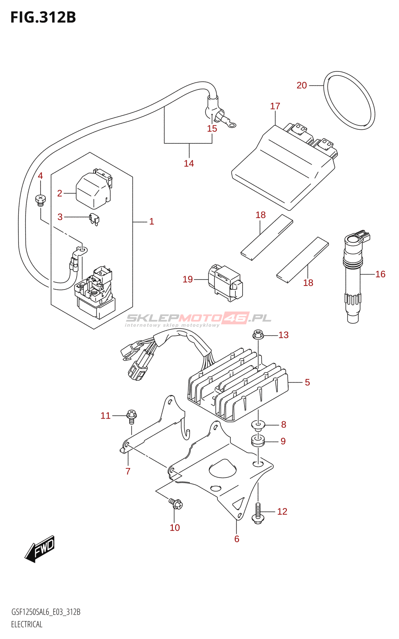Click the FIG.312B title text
click(x=43, y=18)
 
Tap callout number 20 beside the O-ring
click(x=302, y=85)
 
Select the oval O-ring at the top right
click(x=349, y=100)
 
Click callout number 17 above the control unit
click(x=275, y=106)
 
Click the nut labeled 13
click(x=258, y=335)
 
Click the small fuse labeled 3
click(x=95, y=219)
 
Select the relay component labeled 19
click(x=225, y=282)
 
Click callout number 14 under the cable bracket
click(x=189, y=163)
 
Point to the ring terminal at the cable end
click(x=231, y=125)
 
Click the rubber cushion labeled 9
click(x=258, y=441)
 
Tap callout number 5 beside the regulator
click(x=307, y=382)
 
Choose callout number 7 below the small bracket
click(x=128, y=471)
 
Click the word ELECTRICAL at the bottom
click(x=27, y=624)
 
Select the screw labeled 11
click(x=132, y=415)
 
